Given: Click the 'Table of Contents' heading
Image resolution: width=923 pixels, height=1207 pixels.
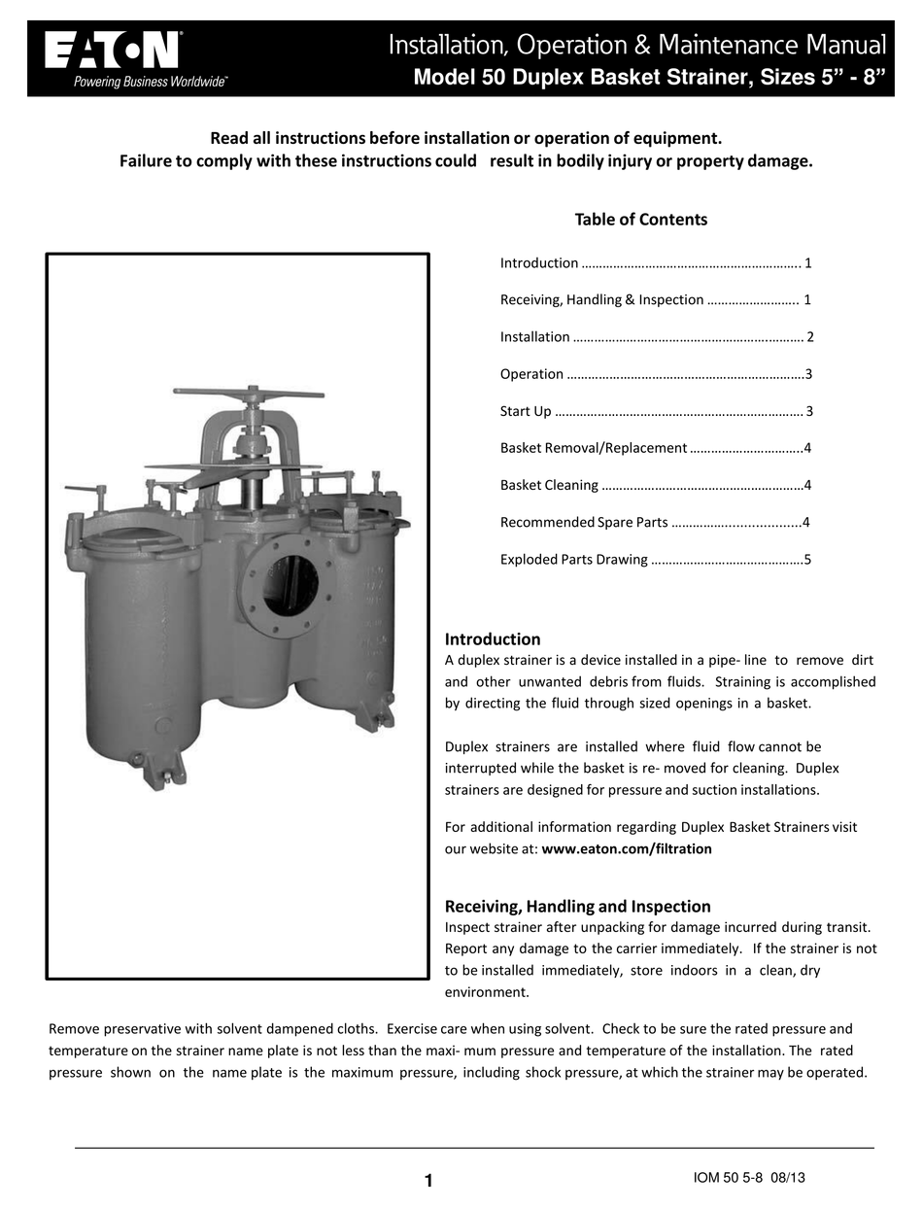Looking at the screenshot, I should click(x=640, y=220).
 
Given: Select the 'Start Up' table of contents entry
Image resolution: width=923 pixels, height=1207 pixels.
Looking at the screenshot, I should click(x=526, y=411).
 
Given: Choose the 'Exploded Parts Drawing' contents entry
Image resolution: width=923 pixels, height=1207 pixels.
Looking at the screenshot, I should click(x=573, y=560).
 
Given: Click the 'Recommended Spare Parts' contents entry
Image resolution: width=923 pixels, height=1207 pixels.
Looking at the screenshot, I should click(x=583, y=523).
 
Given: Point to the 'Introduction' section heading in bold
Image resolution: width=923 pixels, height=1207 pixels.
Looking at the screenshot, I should click(x=493, y=639).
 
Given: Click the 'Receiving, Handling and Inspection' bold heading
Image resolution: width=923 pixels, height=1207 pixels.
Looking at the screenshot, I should click(x=577, y=907).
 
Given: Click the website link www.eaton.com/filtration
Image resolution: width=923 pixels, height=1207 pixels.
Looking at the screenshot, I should click(x=627, y=848).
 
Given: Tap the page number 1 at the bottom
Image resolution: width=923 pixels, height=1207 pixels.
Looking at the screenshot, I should click(x=427, y=1181).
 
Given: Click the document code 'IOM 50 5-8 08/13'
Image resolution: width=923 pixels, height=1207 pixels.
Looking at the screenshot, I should click(x=749, y=1178).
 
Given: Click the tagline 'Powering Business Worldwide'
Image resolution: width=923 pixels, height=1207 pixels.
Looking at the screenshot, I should click(x=151, y=83).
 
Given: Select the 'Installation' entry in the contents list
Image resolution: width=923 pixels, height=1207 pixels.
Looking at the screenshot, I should click(x=534, y=337).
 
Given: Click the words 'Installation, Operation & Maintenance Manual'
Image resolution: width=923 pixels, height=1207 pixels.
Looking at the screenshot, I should click(x=636, y=45).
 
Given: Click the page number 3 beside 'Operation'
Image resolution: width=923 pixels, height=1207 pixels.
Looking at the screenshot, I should click(x=808, y=374).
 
